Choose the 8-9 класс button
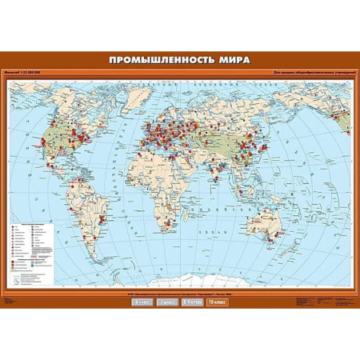coord(192,302)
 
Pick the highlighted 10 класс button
coord(217,302)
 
